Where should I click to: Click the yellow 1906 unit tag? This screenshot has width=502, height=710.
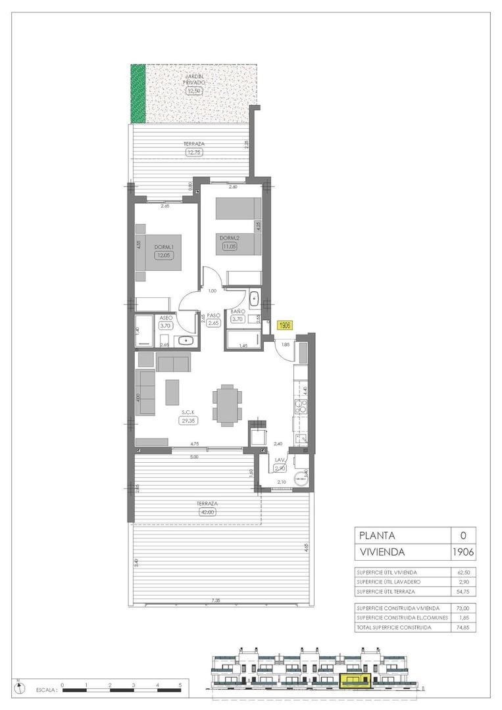pyautogui.click(x=285, y=325)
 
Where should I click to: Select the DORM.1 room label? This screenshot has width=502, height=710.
pyautogui.click(x=163, y=247)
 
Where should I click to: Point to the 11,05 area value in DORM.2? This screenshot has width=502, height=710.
pyautogui.click(x=229, y=247)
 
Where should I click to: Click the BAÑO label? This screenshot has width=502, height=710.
pyautogui.click(x=238, y=311)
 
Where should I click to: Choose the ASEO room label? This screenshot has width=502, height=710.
pyautogui.click(x=166, y=317)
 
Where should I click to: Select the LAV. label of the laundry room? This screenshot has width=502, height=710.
pyautogui.click(x=279, y=460)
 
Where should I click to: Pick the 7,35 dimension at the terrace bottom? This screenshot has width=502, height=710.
pyautogui.click(x=216, y=600)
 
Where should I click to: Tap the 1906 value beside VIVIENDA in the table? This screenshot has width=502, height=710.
pyautogui.click(x=463, y=552)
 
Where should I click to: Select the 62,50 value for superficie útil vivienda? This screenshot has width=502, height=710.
pyautogui.click(x=463, y=572)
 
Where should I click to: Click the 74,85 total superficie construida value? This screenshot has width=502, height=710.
pyautogui.click(x=463, y=628)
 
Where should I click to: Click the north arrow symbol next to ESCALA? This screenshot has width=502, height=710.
pyautogui.click(x=22, y=688)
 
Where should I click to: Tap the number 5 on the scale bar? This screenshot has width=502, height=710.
pyautogui.click(x=181, y=685)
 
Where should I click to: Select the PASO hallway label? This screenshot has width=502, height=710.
pyautogui.click(x=214, y=316)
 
